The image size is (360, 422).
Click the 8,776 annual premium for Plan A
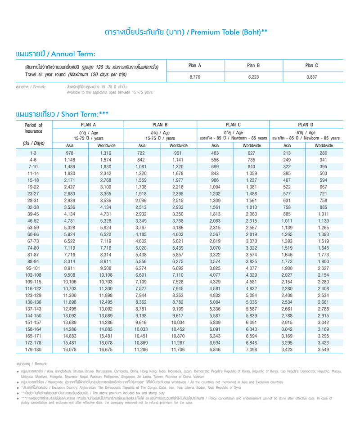195,77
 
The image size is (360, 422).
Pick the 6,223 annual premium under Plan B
254,77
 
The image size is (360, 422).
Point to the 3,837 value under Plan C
312,77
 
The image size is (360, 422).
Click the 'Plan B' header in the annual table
254,66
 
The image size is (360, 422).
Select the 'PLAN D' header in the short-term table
306,125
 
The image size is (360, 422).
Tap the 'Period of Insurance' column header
33,128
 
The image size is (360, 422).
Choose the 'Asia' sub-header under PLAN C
215,145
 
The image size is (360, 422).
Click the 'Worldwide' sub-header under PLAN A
106,145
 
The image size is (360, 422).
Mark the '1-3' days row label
33,153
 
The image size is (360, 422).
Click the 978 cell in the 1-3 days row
69,153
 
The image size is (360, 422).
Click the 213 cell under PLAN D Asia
287,153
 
